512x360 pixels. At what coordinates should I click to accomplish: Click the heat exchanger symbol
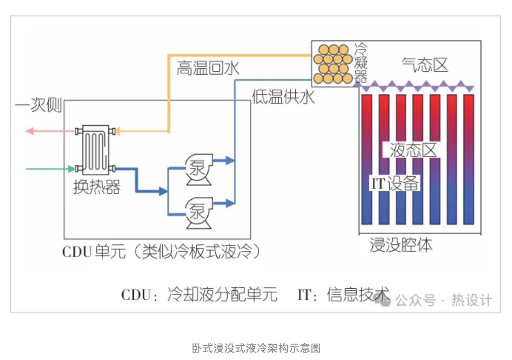pos(95,150)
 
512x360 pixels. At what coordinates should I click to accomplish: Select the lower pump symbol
pos(199,213)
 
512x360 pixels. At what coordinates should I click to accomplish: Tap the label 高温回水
pos(208,68)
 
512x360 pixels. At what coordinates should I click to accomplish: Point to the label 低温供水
pos(283,97)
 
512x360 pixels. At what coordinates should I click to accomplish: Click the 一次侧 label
pos(39,105)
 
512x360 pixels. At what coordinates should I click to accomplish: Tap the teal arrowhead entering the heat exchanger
pos(71,169)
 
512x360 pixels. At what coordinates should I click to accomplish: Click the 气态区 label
pos(425,65)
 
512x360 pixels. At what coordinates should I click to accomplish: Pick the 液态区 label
pos(413,150)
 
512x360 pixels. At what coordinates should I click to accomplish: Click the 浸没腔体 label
pos(401,245)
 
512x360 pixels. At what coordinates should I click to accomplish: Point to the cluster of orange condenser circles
pos(332,64)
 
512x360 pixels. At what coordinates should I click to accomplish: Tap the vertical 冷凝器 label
pos(360,62)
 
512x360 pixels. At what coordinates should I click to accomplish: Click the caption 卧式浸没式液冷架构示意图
pos(256,348)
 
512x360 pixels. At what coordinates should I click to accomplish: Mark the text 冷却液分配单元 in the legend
pos(222,295)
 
